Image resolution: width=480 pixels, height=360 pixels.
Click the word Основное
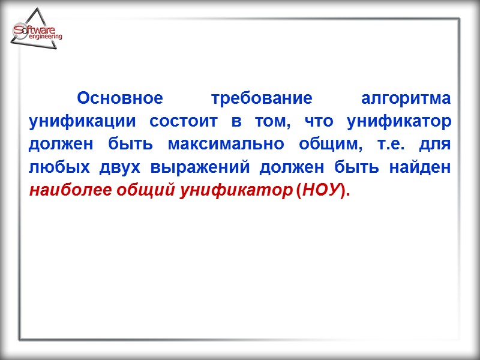[x=120, y=98]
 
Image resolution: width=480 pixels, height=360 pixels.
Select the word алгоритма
[x=407, y=98]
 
